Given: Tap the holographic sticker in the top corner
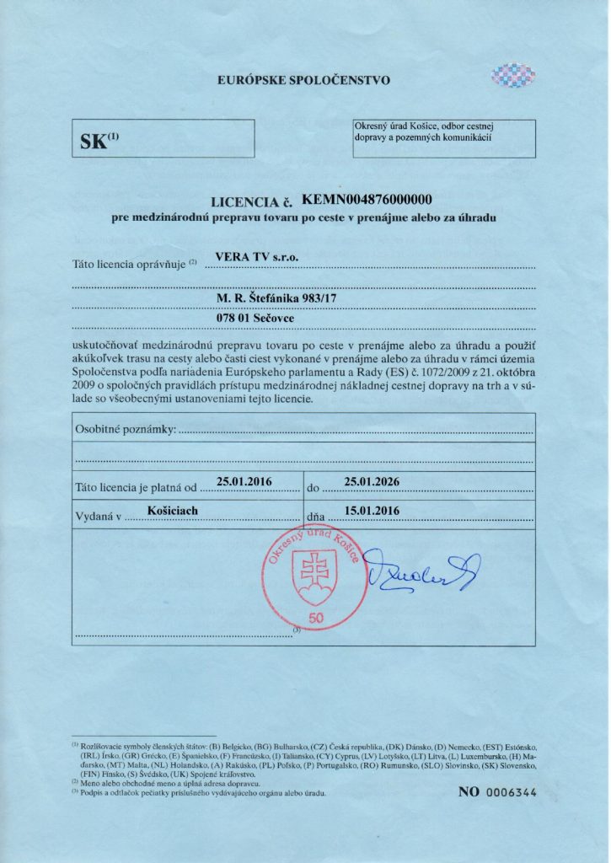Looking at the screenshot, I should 513,76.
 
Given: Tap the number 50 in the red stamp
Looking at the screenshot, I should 317,619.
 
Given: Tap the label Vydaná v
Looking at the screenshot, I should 99,512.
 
